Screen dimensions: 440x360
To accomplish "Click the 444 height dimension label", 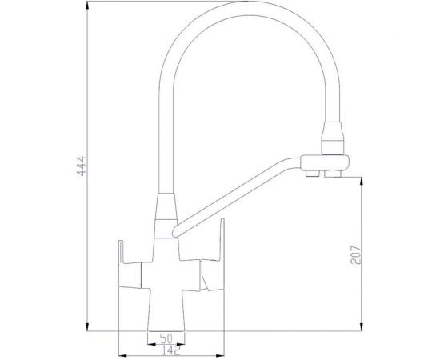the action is pyautogui.click(x=81, y=166).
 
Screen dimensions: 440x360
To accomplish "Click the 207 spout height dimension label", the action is pyautogui.click(x=355, y=254).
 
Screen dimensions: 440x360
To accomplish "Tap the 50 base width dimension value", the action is pyautogui.click(x=166, y=338).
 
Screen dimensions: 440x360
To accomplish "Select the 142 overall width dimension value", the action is pyautogui.click(x=171, y=350).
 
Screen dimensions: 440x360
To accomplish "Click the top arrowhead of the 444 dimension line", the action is pyautogui.click(x=87, y=6).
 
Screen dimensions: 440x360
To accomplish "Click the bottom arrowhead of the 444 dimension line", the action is pyautogui.click(x=87, y=326).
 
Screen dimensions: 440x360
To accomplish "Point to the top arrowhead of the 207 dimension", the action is pyautogui.click(x=362, y=182).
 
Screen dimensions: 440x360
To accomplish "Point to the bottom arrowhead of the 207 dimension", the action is pyautogui.click(x=362, y=326).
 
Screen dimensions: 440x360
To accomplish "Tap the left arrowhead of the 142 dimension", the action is pyautogui.click(x=124, y=355).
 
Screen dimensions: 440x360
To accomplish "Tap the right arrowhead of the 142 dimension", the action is pyautogui.click(x=220, y=355).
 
